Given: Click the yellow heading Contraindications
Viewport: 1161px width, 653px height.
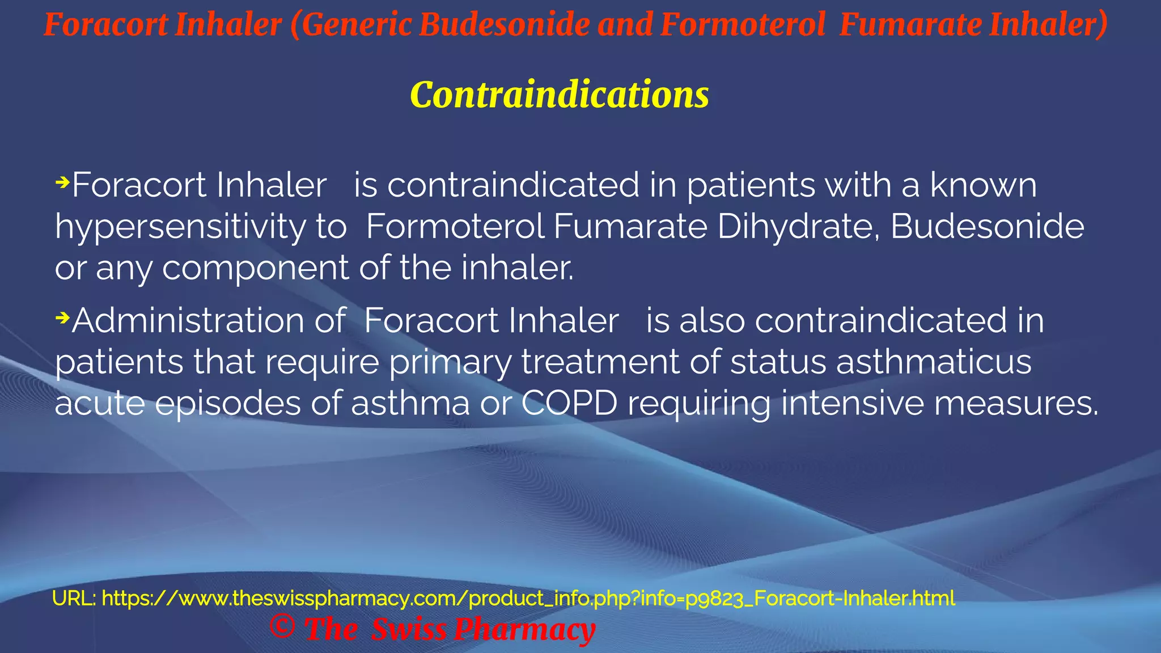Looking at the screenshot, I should click(559, 95).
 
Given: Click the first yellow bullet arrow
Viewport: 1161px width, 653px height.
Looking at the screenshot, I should click(62, 183).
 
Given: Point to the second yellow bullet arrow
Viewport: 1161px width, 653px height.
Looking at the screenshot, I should click(62, 318).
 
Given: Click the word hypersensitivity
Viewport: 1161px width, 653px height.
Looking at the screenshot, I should click(180, 227).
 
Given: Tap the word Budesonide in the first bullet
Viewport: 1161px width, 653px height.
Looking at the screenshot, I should click(987, 226).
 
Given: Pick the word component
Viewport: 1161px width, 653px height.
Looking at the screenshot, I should click(255, 268).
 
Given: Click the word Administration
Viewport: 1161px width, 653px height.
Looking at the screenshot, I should click(209, 321).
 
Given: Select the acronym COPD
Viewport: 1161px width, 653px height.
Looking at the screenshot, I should click(569, 404).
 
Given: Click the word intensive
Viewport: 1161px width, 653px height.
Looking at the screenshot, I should click(852, 404).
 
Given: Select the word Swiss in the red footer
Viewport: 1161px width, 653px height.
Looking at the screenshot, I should click(408, 630).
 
